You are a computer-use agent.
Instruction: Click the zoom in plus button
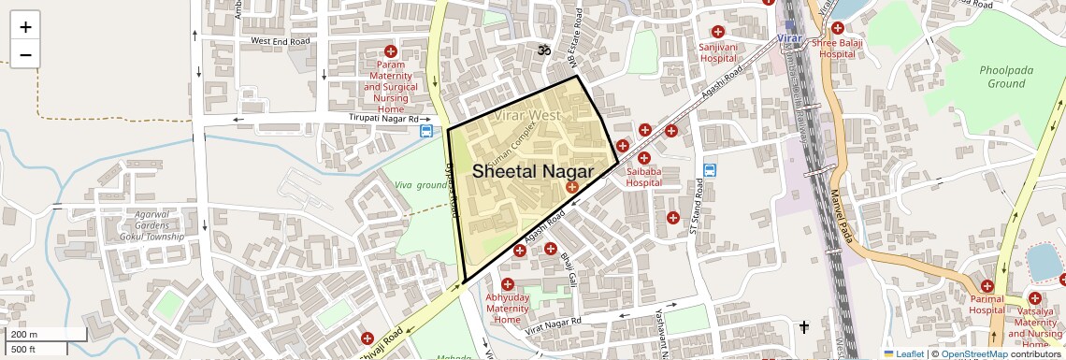[25, 27]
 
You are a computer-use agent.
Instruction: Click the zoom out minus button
[25, 55]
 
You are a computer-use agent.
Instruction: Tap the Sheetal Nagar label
[532, 172]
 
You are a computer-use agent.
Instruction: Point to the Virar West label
[528, 115]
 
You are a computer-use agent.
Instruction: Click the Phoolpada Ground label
[1002, 77]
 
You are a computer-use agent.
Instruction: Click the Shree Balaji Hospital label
[837, 49]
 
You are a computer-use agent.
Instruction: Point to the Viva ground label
[421, 185]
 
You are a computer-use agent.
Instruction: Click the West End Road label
[281, 41]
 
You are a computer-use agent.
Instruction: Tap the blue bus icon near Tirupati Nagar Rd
[426, 132]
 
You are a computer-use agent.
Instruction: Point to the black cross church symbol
[803, 326]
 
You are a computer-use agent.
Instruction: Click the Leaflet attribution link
[903, 353]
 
